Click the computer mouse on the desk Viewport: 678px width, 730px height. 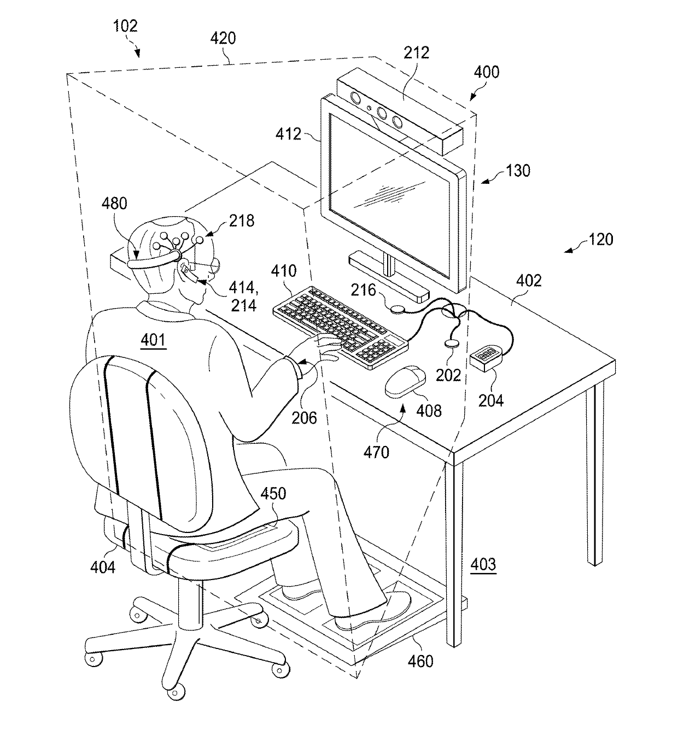405,381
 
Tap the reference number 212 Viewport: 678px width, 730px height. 417,53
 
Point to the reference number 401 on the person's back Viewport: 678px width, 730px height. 153,340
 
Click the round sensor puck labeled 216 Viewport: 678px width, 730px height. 398,309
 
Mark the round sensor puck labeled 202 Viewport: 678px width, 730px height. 452,343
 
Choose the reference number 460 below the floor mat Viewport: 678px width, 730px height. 420,661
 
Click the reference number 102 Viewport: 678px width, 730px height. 125,26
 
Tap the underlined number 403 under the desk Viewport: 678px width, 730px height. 484,564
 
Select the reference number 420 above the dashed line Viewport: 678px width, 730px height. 223,38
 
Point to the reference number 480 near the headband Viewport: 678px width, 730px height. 114,204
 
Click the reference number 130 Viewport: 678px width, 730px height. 518,171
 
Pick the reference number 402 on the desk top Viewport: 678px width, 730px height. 529,281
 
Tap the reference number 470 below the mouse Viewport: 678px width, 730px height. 377,452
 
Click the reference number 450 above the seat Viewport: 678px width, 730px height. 273,494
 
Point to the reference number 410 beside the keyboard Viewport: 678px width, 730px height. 284,271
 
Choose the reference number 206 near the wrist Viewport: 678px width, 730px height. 304,418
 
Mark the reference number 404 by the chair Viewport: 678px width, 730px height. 103,567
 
